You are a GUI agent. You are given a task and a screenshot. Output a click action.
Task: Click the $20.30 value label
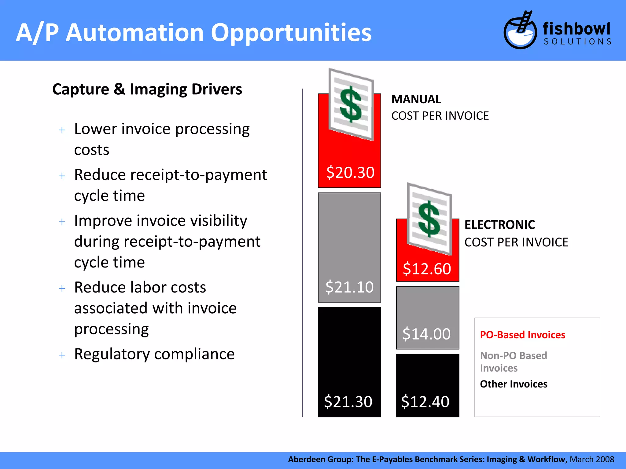[x=350, y=173]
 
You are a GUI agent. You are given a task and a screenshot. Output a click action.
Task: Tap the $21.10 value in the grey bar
[x=349, y=287]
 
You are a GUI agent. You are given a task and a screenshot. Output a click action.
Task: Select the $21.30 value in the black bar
[x=348, y=402]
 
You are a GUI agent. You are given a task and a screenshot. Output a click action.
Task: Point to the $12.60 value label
[x=427, y=269]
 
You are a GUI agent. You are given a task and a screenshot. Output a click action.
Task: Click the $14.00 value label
[x=426, y=334]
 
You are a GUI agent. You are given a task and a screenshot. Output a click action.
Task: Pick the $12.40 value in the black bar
[x=425, y=402]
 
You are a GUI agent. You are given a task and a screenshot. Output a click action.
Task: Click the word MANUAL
[x=416, y=100]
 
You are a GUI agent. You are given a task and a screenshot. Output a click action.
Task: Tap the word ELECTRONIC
[x=499, y=225]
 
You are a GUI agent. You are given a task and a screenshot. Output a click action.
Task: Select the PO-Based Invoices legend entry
[x=522, y=335]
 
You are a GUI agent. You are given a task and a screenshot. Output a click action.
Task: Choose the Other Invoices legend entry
[x=514, y=384]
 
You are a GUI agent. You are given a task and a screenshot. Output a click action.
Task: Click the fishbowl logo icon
[x=520, y=31]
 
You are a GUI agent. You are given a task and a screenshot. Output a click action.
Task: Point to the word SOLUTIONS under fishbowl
[x=577, y=42]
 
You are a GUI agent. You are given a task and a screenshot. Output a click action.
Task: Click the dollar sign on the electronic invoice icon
[x=429, y=219]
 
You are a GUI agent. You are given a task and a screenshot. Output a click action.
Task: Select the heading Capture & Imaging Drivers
[x=147, y=89]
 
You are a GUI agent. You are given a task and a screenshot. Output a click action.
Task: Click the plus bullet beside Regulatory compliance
[x=62, y=355]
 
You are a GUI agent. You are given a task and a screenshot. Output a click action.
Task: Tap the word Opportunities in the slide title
[x=291, y=33]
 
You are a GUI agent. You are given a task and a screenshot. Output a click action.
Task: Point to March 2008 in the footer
[x=592, y=459]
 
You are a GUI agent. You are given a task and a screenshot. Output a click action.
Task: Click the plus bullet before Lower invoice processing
[x=62, y=130]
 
